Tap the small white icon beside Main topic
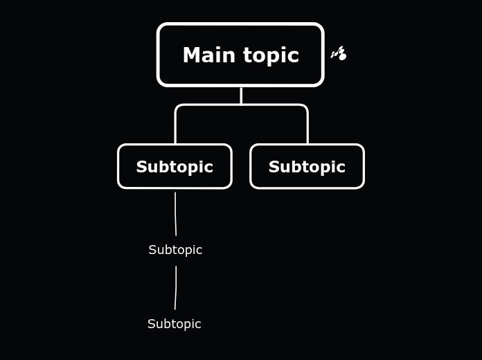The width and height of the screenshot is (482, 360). [339, 53]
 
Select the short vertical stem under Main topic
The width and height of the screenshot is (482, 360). [241, 96]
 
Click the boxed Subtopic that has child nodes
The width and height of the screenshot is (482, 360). [175, 167]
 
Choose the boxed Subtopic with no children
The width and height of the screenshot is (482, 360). [307, 167]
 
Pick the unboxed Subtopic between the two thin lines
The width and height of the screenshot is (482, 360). [175, 250]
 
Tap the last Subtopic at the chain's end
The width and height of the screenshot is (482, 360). [175, 324]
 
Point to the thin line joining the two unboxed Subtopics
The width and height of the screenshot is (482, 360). [176, 287]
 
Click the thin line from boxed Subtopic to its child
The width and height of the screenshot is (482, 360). [175, 213]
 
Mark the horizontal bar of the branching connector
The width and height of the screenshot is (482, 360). [241, 105]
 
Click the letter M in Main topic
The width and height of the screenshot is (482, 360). [191, 55]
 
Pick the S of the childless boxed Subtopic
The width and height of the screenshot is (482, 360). [274, 167]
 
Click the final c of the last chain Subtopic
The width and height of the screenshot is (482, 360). [198, 325]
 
